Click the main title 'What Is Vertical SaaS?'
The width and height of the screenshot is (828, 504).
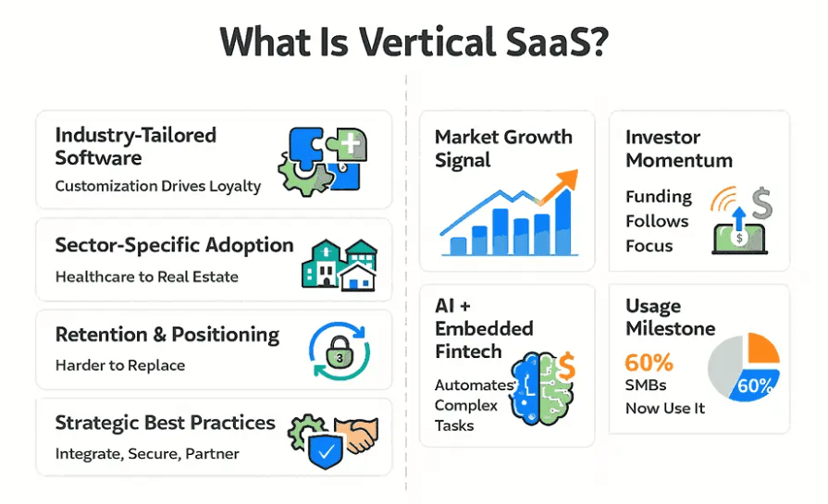pos(414,42)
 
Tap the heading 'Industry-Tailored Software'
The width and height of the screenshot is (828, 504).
pos(135,146)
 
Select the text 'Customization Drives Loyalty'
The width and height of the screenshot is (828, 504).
pos(157,186)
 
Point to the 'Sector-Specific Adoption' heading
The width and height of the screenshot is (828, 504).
pos(174,245)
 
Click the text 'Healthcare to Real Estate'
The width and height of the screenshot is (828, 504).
pos(146,277)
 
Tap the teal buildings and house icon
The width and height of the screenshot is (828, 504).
pos(340,263)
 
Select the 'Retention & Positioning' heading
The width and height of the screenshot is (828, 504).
pos(167,335)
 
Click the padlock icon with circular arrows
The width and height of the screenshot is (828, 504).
pos(339,351)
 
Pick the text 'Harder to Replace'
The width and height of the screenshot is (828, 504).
pos(119,365)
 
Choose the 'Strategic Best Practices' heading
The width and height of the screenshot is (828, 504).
pos(165,423)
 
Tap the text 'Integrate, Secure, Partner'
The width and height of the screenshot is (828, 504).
pos(147,454)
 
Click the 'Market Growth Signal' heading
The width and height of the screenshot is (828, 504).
pos(503,148)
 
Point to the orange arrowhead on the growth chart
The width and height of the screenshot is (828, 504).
pos(567,179)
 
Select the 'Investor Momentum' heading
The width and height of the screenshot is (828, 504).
pos(679,148)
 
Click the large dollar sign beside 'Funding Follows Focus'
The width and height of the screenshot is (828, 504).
pos(760,199)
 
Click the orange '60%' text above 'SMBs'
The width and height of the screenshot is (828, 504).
pos(649,362)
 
